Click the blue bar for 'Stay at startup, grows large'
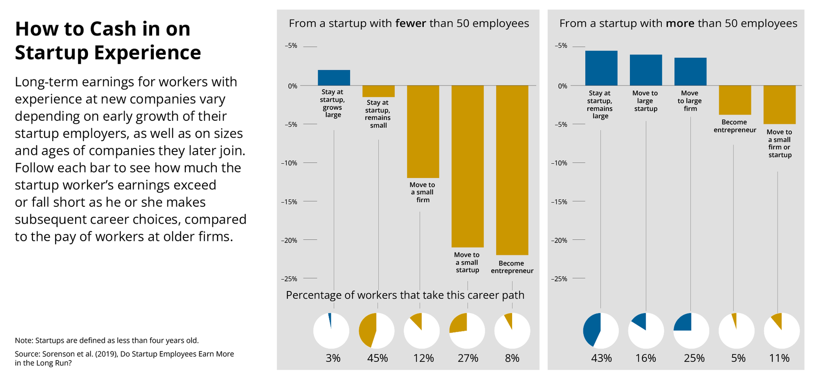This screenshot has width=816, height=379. coord(334,78)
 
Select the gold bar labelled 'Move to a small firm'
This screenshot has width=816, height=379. coord(423,132)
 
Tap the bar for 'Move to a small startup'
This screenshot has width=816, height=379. coord(467,166)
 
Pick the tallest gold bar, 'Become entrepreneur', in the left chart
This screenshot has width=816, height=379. coord(512,170)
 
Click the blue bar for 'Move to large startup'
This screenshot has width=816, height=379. coord(646,70)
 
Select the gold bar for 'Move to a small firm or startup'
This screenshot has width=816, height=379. coord(779,105)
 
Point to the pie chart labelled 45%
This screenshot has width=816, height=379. coord(377,331)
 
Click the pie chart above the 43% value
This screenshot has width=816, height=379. coord(601,331)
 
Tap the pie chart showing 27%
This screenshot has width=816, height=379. coord(467,331)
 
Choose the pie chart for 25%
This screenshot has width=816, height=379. coord(691,331)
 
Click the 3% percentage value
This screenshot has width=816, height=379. coord(333,358)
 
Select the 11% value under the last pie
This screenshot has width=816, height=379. coord(779,358)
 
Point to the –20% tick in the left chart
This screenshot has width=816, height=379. coord(289,240)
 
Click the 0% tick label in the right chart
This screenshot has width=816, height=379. coord(563,86)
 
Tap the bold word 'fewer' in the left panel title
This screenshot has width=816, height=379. coord(411,23)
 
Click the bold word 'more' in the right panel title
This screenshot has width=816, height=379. coord(680,23)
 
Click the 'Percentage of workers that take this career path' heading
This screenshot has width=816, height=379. coord(405,295)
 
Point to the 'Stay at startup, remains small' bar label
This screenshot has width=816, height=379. coord(378,114)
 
